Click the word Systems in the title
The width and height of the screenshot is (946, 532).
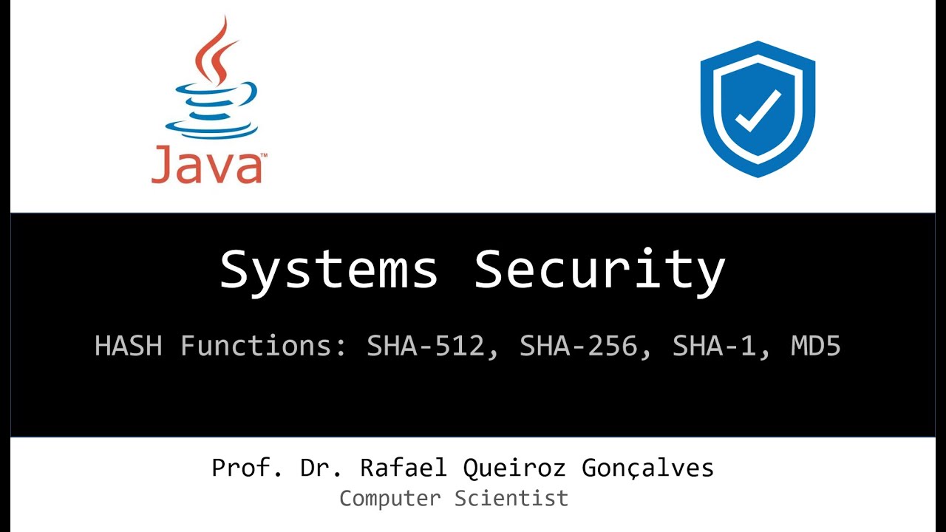point(329,270)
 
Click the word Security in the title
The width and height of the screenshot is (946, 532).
point(599,270)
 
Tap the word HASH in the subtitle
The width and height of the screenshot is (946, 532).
point(128,346)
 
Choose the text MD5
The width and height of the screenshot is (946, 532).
point(816,346)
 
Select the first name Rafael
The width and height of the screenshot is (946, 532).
point(404,468)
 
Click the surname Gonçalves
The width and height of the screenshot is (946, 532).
point(647,468)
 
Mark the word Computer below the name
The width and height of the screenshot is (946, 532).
point(389,498)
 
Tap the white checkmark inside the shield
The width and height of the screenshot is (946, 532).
point(758,112)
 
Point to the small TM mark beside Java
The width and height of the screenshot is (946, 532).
point(264,156)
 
